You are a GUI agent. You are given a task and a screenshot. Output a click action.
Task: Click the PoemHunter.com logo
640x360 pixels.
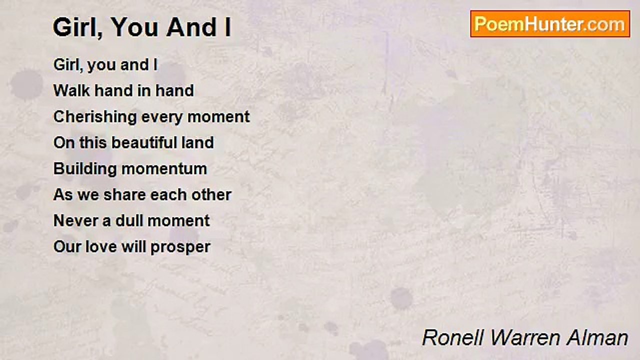tap(550, 23)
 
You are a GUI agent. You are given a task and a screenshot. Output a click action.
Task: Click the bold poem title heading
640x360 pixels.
tap(142, 28)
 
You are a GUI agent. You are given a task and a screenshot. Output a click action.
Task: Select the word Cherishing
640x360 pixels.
tap(95, 117)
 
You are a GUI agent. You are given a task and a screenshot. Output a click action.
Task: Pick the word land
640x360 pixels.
tap(201, 142)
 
